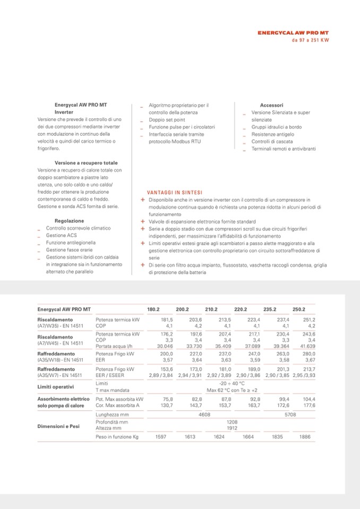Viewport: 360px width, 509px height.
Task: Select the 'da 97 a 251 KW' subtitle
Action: click(x=310, y=40)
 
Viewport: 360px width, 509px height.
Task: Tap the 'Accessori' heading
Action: click(x=271, y=105)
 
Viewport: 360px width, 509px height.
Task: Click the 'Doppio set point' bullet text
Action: click(x=167, y=120)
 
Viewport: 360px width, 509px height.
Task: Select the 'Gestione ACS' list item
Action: click(x=61, y=235)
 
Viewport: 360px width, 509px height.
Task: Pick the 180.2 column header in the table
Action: click(x=153, y=309)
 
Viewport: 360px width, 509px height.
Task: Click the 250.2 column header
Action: click(x=298, y=309)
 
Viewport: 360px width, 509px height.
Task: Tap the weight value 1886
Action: click(x=305, y=437)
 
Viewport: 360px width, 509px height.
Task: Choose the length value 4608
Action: click(x=204, y=414)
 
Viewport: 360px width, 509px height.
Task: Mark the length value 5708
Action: click(x=290, y=414)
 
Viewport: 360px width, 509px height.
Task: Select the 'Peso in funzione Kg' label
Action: click(x=117, y=437)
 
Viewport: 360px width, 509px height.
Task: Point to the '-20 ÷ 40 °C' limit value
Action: click(x=232, y=383)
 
